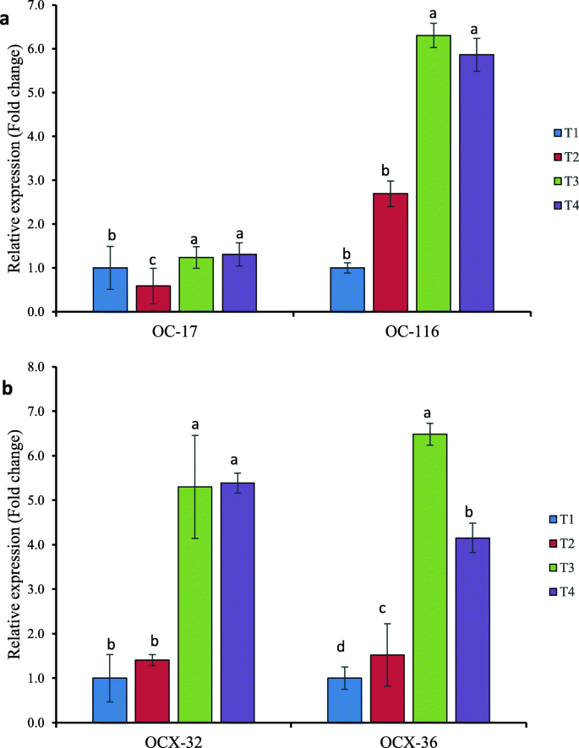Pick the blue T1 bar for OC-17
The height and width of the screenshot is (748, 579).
[110, 290]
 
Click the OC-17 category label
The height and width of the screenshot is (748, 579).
[175, 333]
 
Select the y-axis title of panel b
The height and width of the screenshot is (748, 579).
[15, 545]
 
